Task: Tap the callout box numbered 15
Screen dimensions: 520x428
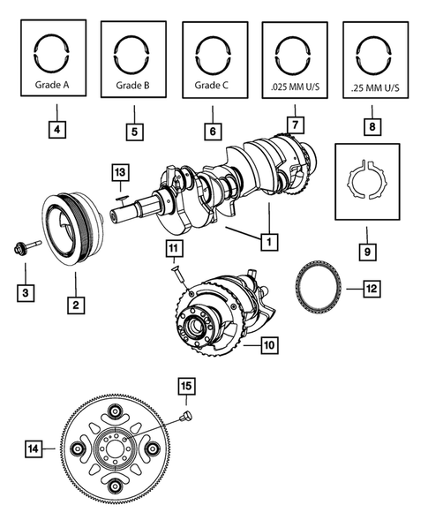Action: pyautogui.click(x=186, y=386)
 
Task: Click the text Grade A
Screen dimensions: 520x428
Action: pyautogui.click(x=55, y=87)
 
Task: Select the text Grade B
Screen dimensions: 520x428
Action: pyautogui.click(x=134, y=87)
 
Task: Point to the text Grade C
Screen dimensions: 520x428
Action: pyautogui.click(x=212, y=87)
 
